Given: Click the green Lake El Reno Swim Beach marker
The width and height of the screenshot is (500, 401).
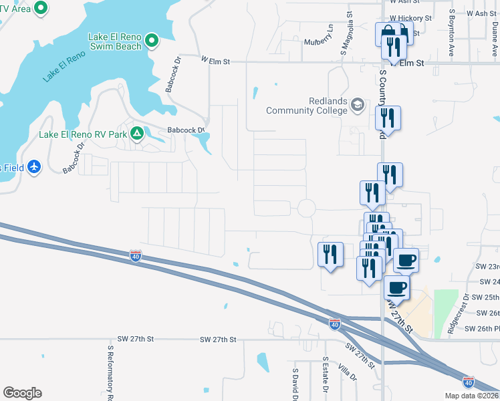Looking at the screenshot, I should [152, 41].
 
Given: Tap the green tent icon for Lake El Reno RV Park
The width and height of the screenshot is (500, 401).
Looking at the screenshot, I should [136, 134].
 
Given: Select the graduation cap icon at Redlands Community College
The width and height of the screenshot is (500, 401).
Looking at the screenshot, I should [358, 104].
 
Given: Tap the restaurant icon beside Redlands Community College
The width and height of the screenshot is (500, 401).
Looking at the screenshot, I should [388, 118].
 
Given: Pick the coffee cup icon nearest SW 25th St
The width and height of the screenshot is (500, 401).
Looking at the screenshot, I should [396, 287].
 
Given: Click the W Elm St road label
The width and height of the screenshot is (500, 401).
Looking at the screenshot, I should [215, 61].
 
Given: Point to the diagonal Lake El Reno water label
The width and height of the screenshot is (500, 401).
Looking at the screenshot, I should [64, 65].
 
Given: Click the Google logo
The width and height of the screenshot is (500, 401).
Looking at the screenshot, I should [22, 393].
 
